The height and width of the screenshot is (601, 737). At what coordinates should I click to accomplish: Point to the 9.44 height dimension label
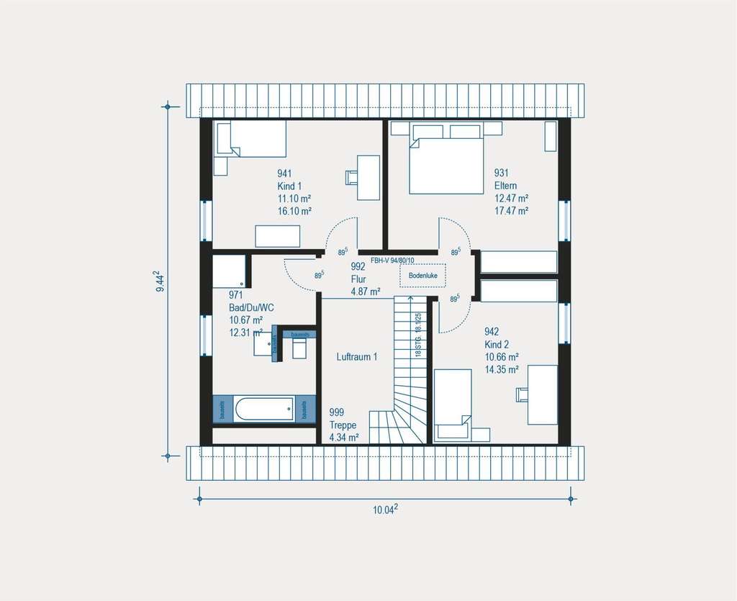(162, 281)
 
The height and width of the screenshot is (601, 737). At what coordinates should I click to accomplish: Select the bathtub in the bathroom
(264, 409)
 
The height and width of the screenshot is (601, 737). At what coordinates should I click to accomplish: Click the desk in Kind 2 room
(543, 394)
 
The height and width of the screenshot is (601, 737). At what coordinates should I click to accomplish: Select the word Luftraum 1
(356, 356)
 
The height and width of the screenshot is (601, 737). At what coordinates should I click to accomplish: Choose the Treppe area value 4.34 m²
(343, 437)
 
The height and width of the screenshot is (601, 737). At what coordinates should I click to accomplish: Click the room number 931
(501, 173)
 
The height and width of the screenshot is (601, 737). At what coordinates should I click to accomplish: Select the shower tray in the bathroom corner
(230, 271)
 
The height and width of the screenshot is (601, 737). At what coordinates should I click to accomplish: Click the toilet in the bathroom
(300, 348)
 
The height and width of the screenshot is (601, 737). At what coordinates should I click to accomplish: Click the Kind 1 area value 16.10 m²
(294, 212)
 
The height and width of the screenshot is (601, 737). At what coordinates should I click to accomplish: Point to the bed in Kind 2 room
(453, 402)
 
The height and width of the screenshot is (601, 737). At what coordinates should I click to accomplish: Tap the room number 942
(492, 332)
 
